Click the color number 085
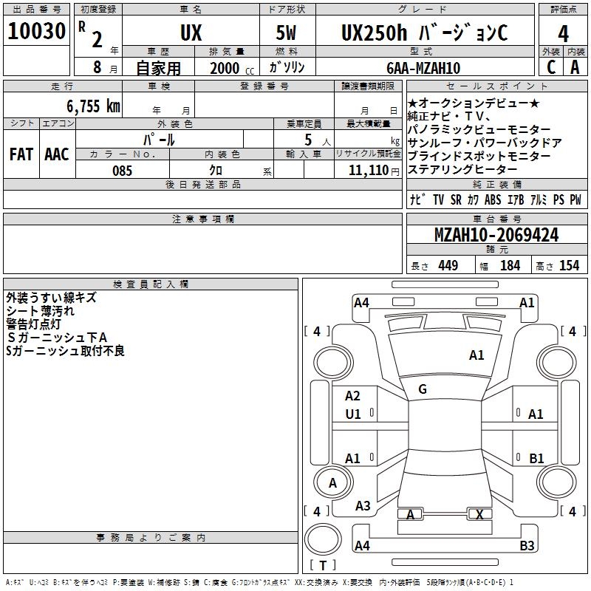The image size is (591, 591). click(x=123, y=171)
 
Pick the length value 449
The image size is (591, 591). click(x=448, y=265)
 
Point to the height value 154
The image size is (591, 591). click(x=569, y=265)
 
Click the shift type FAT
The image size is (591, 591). click(x=21, y=154)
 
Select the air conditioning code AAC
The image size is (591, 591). click(x=57, y=154)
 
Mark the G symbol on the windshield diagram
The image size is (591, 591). click(x=423, y=389)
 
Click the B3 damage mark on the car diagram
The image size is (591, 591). click(x=527, y=546)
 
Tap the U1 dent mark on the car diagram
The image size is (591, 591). click(x=353, y=414)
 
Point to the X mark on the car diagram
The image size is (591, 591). click(x=480, y=514)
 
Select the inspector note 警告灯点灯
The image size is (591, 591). click(x=38, y=324)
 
